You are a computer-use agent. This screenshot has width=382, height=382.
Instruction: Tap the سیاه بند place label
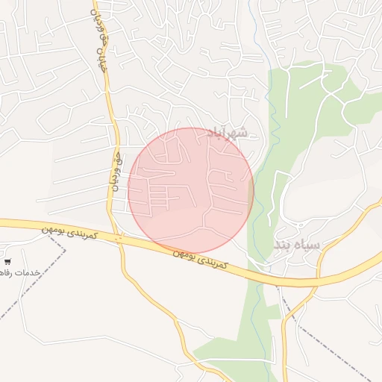coord(295,245)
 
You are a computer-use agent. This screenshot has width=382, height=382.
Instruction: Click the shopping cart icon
coord(7,262)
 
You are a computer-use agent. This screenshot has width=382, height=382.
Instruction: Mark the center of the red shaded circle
coord(191,191)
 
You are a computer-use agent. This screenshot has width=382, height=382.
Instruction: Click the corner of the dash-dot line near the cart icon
coord(66,250)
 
